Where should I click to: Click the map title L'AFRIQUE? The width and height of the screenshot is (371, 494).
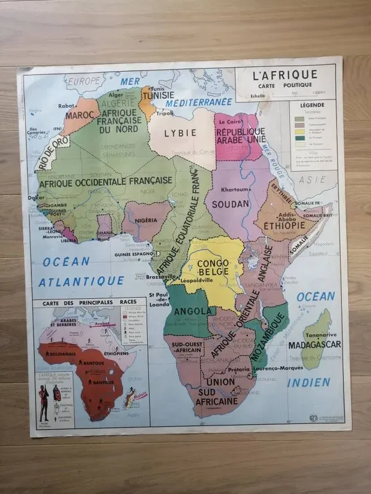[x=284, y=75]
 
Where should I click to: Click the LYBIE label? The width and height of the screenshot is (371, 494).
[x=180, y=132]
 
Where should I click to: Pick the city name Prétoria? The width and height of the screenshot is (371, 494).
[x=238, y=370]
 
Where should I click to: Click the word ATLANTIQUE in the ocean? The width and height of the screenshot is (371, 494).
[x=82, y=281]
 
